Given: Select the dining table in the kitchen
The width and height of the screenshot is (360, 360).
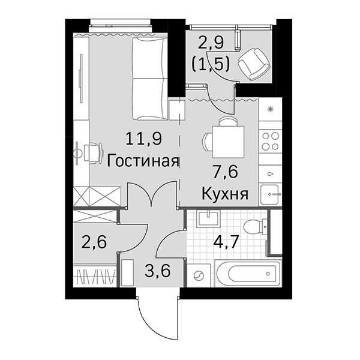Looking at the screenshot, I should coord(229,139).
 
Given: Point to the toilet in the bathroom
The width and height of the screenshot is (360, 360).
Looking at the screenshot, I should coord(257,227).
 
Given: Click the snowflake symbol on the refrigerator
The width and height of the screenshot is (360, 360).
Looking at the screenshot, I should coord(271,109).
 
